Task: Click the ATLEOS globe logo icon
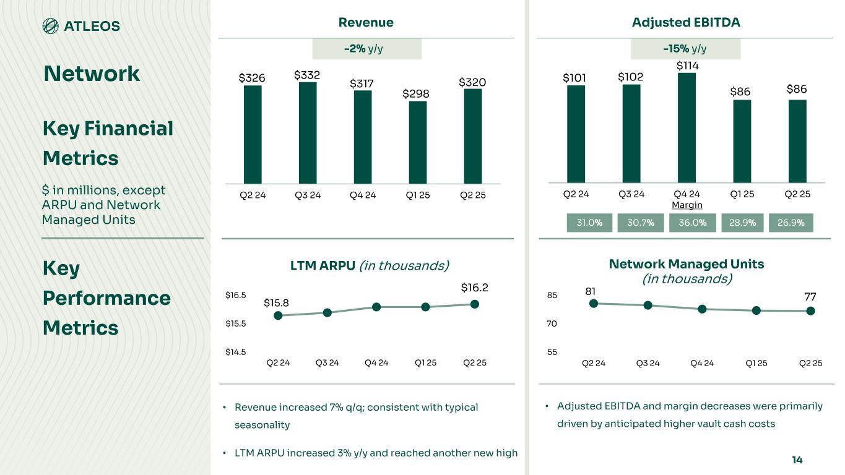click(51, 25)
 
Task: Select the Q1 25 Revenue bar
click(418, 142)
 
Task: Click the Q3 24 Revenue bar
click(308, 133)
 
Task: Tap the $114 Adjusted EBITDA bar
click(687, 127)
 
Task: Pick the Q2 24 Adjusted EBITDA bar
click(576, 134)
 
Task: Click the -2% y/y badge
click(367, 49)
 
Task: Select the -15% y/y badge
click(685, 49)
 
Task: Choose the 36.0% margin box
click(693, 223)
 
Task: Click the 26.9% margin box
click(791, 223)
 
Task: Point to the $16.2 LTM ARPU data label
click(475, 288)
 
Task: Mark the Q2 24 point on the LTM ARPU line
click(278, 315)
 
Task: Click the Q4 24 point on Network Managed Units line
click(702, 309)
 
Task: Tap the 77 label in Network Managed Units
click(810, 297)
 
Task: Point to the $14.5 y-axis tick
click(235, 352)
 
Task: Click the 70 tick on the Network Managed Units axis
click(551, 323)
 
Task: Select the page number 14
click(797, 460)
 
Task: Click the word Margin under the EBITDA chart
click(687, 205)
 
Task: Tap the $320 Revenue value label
click(472, 82)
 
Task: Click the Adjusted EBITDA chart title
click(686, 23)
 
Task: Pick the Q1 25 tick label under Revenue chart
click(418, 195)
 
